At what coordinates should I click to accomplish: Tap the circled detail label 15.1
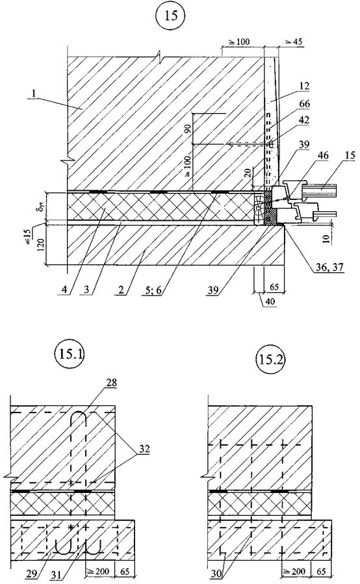[x=70, y=354]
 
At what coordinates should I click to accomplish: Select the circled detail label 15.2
[x=271, y=360]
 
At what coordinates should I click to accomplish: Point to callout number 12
[x=305, y=86]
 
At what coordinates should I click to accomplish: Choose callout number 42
[x=305, y=120]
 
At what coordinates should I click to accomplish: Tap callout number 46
[x=323, y=155]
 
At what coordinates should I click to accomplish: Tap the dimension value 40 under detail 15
[x=271, y=301]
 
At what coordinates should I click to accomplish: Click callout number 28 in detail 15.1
[x=111, y=383]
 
